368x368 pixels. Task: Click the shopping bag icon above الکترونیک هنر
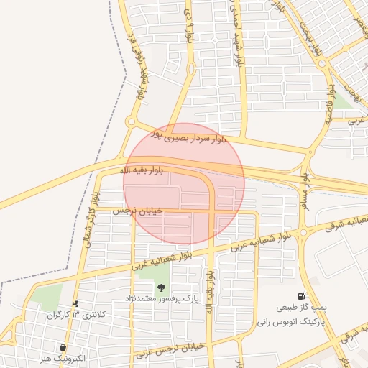coord(66,346)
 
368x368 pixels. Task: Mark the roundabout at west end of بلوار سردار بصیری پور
coord(131,122)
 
